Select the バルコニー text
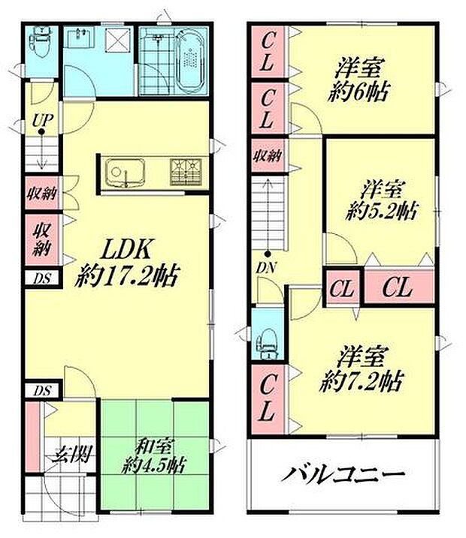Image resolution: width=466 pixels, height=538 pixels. point(343,474)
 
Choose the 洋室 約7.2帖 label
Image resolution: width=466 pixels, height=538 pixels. point(359,365)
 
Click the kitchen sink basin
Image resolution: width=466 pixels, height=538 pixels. point(120,173)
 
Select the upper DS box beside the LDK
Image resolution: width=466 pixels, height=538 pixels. point(41,278)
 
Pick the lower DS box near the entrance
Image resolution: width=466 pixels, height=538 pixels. point(41,391)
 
